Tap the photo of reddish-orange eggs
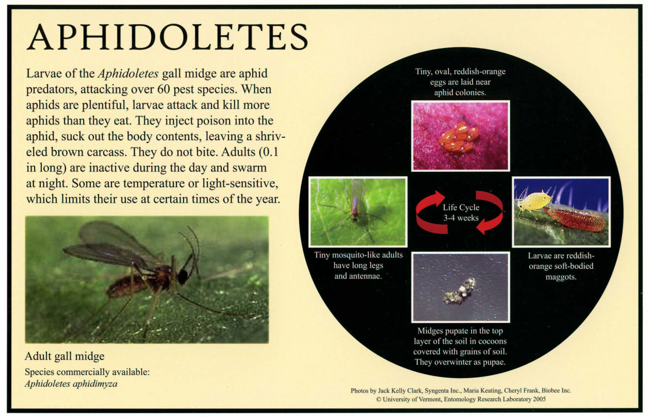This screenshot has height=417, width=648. tap(460, 136)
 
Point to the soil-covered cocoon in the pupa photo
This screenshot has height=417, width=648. tap(459, 291)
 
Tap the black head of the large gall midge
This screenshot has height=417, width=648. tap(183, 276)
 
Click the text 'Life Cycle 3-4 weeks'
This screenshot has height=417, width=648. tap(461, 212)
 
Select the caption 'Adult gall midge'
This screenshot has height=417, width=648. tap(64, 356)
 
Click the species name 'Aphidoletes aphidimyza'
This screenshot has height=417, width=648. tap(71, 384)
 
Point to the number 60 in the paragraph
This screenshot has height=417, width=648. tap(163, 89)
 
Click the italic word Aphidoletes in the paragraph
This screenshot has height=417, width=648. tap(128, 73)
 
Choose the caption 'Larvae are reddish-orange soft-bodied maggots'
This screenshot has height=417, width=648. tap(561, 266)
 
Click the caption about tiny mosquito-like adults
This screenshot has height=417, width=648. tap(358, 265)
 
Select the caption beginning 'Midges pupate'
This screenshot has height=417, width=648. tap(460, 346)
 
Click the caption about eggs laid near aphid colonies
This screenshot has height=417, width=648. tap(460, 82)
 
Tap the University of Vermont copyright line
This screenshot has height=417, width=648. tap(461, 399)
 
